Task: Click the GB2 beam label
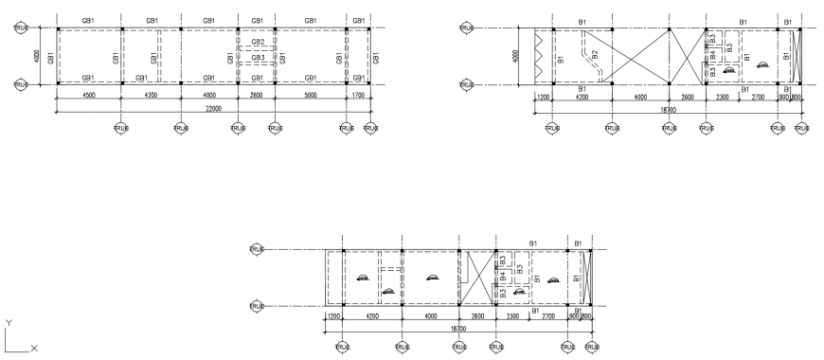click(x=258, y=43)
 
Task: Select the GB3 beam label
click(x=258, y=58)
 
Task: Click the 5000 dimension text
click(x=310, y=95)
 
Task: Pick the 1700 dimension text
click(x=358, y=95)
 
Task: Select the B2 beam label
click(x=595, y=56)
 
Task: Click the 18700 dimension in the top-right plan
click(x=668, y=109)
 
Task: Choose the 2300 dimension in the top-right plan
click(x=723, y=96)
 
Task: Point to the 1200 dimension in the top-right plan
click(x=544, y=96)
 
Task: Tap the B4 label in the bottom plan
click(x=503, y=277)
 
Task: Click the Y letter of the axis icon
click(x=9, y=323)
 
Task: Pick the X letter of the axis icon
click(x=34, y=349)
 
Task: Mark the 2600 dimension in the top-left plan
click(x=257, y=95)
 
